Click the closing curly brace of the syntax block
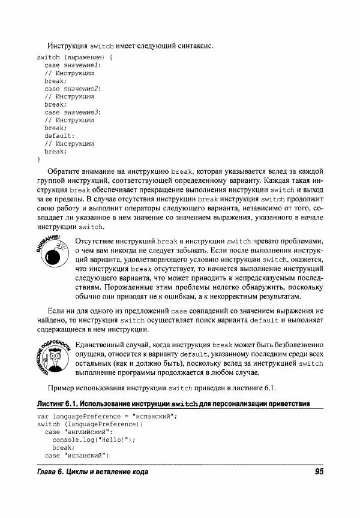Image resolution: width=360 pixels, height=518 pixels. (38, 159)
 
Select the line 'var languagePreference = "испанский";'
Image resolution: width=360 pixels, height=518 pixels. (108, 416)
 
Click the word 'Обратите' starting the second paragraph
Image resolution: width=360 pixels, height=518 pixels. (65, 171)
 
